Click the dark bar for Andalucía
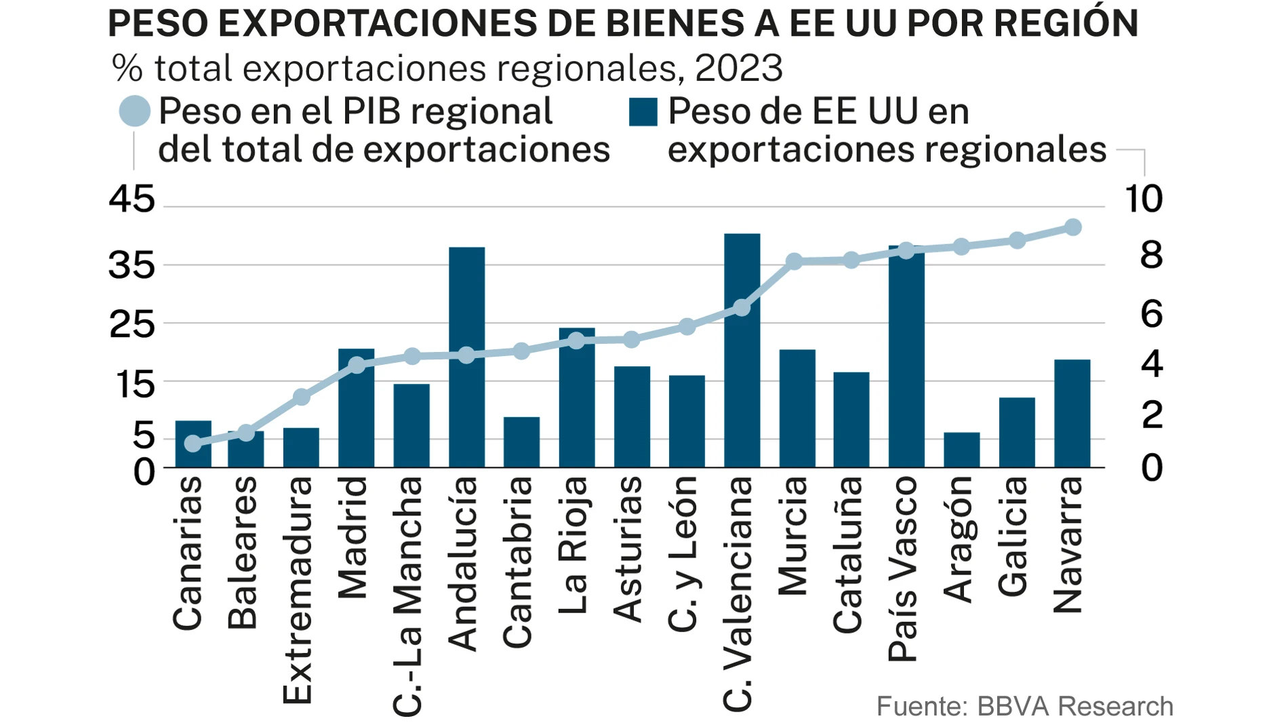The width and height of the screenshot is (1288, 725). (466, 407)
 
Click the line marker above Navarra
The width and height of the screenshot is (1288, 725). (1072, 227)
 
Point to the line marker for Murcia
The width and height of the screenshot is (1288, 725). (795, 261)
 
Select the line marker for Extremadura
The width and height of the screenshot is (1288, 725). (302, 397)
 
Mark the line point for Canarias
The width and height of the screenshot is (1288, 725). (193, 444)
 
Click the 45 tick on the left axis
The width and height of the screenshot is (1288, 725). (132, 199)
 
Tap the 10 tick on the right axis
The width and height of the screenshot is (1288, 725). (1144, 199)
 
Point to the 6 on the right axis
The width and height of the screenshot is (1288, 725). (1152, 314)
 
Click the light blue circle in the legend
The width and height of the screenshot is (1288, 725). (134, 111)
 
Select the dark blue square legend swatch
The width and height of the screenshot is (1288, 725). (643, 112)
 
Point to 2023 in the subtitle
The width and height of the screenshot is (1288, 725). (739, 68)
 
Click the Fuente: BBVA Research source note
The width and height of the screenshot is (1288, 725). (1024, 706)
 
